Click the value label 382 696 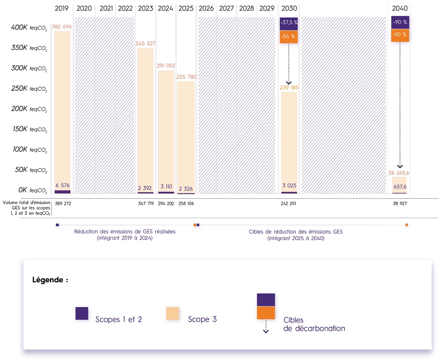click(62, 27)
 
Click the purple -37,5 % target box click(289, 23)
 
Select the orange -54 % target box click(289, 36)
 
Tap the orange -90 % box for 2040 click(399, 35)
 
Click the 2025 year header click(185, 9)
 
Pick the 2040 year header click(399, 9)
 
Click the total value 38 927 click(399, 203)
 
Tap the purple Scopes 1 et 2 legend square click(82, 313)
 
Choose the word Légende click(49, 280)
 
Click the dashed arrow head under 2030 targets click(289, 83)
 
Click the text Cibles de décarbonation click(314, 324)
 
